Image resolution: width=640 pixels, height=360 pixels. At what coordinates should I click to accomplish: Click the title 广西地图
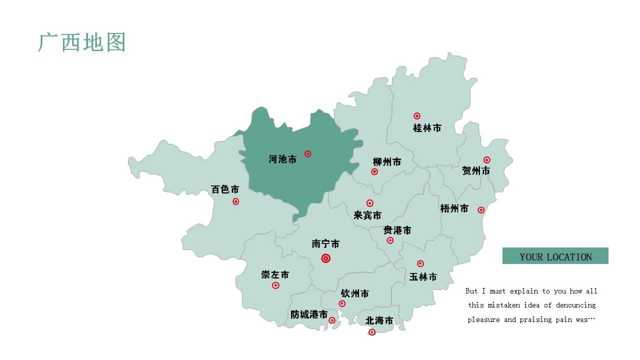coord(82,42)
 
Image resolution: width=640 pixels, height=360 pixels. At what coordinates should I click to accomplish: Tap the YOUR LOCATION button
coord(555,256)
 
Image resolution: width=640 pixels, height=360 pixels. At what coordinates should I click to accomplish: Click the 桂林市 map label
coord(427,128)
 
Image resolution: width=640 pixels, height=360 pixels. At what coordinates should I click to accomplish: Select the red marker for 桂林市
coord(417,116)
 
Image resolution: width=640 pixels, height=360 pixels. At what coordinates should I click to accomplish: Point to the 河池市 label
coord(282,159)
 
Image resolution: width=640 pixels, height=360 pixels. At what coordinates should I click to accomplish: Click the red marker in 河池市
coord(307,154)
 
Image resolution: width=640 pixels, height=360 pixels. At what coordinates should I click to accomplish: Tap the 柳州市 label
coord(386,162)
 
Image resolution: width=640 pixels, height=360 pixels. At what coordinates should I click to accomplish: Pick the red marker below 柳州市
coord(374,171)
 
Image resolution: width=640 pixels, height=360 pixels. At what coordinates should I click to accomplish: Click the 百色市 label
coord(225,189)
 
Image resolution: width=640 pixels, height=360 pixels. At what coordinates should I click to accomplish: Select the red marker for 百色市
coord(235,201)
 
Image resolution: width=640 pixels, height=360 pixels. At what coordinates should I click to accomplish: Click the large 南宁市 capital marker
coord(325,258)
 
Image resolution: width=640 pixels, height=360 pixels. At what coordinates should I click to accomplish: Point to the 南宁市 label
coord(325,244)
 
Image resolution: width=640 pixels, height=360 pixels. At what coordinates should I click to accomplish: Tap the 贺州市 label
coord(475,171)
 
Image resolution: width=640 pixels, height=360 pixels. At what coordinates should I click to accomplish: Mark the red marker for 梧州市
coord(481,210)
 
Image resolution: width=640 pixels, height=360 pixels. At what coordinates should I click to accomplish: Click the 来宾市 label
coord(367,215)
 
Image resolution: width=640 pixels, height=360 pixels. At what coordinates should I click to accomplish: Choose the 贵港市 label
coord(397,230)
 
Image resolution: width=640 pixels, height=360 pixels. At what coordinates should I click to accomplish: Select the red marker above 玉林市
coord(420,263)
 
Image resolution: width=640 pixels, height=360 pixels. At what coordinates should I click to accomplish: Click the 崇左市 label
coord(275,274)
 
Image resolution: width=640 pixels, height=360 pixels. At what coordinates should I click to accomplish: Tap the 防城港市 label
coord(309,314)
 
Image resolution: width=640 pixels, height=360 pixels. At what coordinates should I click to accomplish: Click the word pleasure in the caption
coord(483,319)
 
